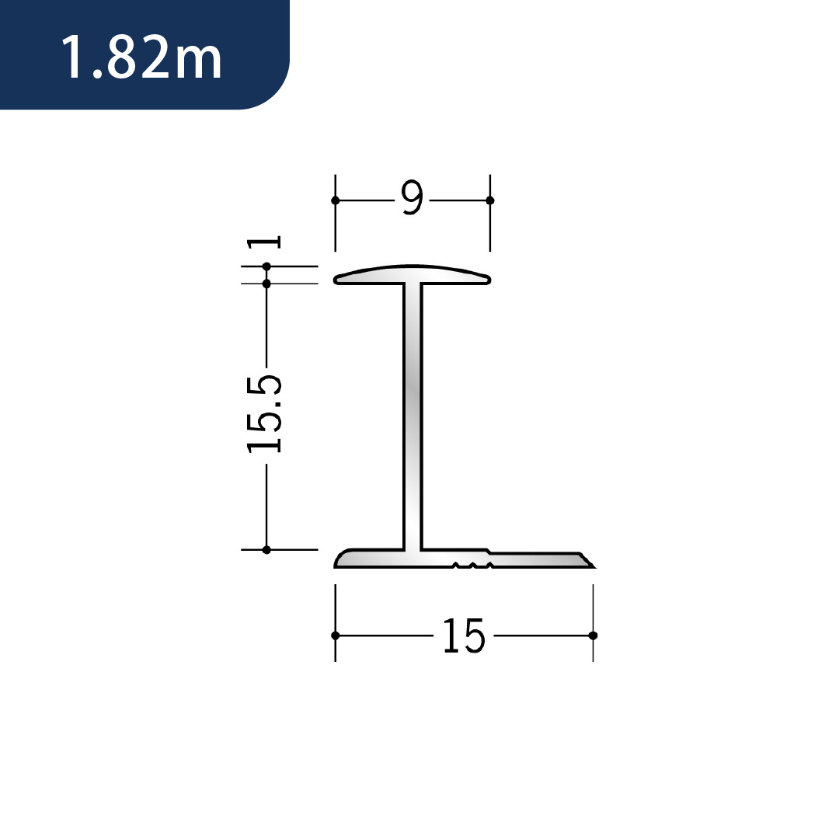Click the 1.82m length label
[x=141, y=57]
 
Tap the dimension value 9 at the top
[x=412, y=197]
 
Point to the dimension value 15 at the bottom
[x=464, y=635]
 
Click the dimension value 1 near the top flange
[x=263, y=242]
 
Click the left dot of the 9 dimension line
[x=336, y=200]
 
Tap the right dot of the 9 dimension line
[x=489, y=200]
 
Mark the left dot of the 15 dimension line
[x=336, y=635]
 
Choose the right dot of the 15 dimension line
[x=593, y=635]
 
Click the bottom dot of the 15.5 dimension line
[x=266, y=549]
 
